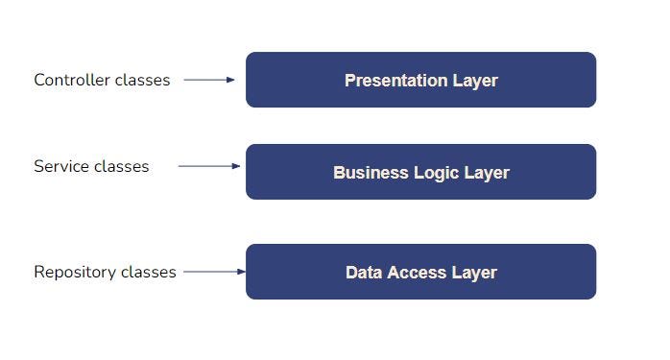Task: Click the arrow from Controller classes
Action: click(208, 80)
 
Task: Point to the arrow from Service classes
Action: click(208, 166)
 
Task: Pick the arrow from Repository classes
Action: click(214, 272)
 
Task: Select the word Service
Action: click(60, 166)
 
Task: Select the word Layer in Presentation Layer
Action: click(474, 81)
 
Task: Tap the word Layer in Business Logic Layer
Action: click(486, 173)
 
